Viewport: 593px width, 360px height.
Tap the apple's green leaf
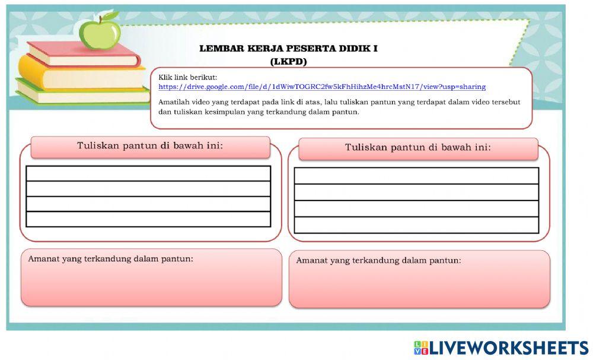coord(110,17)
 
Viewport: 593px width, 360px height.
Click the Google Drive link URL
coord(322,87)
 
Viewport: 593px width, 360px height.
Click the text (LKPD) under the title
coord(288,61)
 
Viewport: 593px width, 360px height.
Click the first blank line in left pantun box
coord(148,173)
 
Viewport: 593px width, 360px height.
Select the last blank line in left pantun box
coord(148,219)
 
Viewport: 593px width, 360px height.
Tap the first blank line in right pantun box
coord(416,176)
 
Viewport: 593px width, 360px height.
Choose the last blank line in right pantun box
coord(416,225)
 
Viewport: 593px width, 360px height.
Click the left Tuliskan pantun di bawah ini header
coord(150,146)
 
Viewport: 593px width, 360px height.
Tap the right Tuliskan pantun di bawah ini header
coord(418,148)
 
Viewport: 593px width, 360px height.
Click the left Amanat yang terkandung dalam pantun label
coord(111,259)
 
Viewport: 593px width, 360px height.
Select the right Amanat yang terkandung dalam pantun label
coord(378,260)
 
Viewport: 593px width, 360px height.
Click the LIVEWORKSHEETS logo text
coord(509,348)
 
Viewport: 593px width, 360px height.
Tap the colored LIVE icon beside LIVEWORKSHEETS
coord(420,348)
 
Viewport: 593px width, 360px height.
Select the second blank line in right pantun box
coord(416,192)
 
